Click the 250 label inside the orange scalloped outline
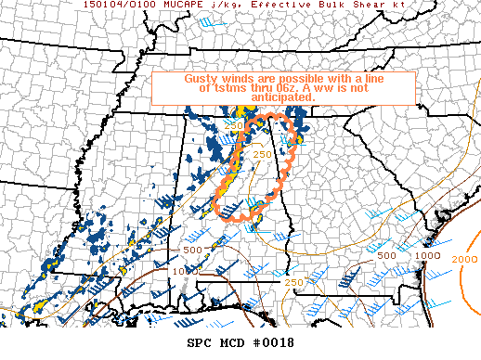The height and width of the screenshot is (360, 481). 262,154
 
